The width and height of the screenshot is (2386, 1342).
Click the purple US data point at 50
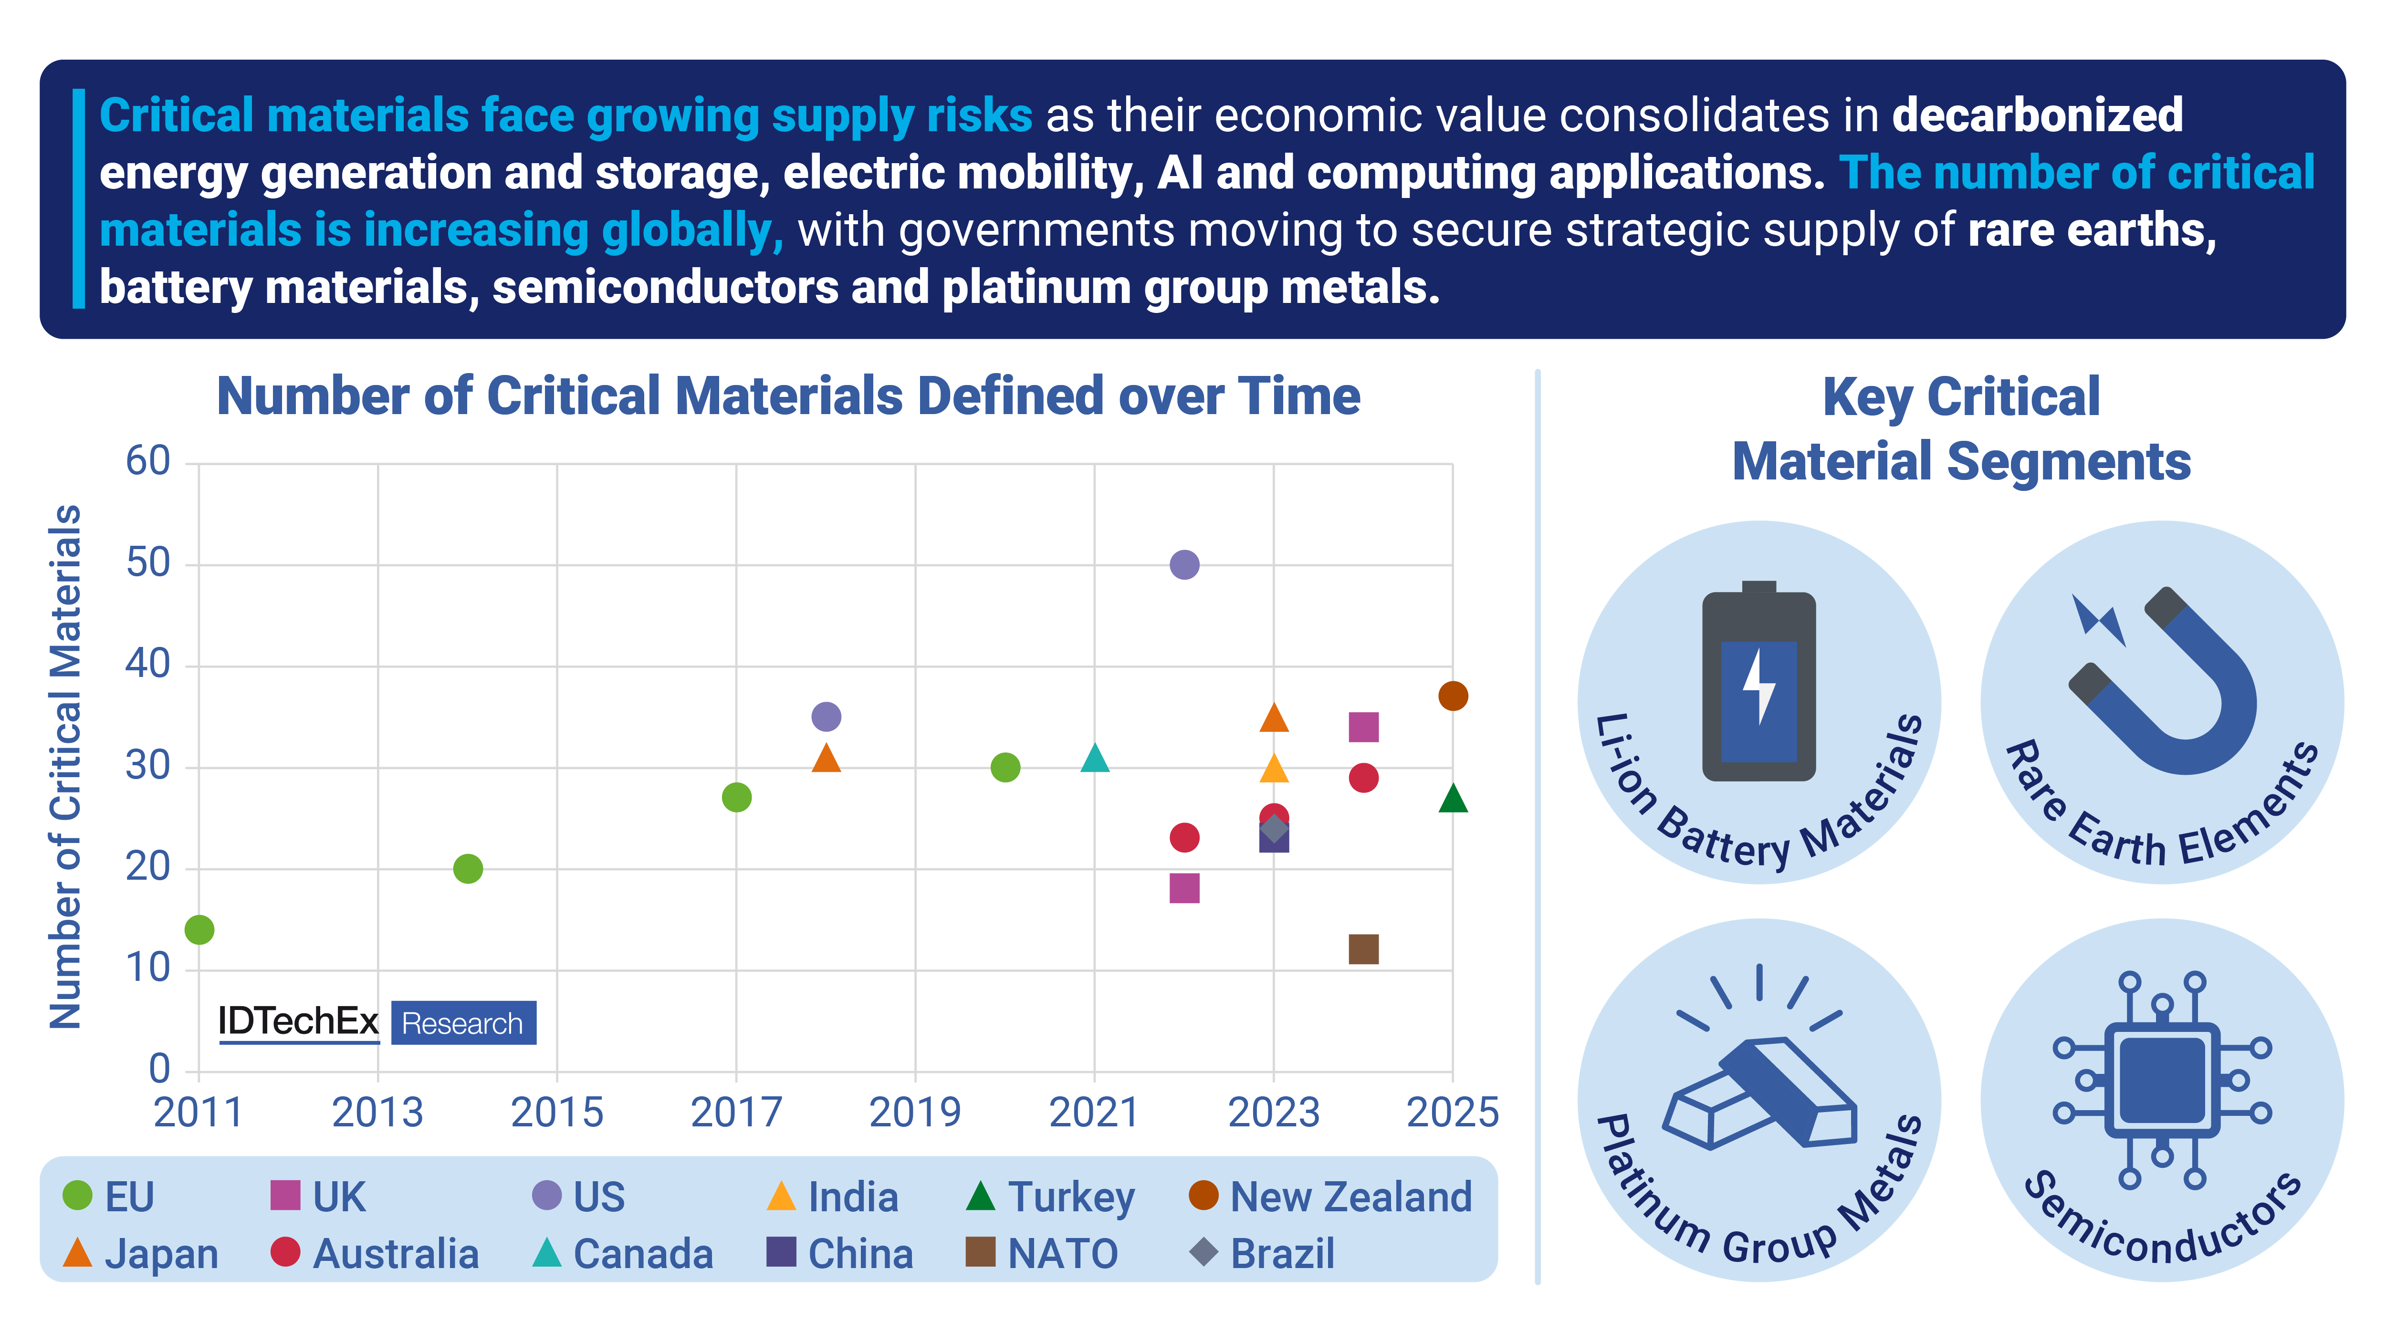(1184, 564)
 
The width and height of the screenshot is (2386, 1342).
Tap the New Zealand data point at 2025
(1452, 696)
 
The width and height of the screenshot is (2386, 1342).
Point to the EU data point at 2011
(199, 929)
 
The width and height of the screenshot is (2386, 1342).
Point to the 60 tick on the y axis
(148, 461)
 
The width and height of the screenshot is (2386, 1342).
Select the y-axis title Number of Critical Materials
(65, 767)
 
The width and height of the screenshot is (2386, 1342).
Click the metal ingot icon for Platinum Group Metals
(1758, 1088)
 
